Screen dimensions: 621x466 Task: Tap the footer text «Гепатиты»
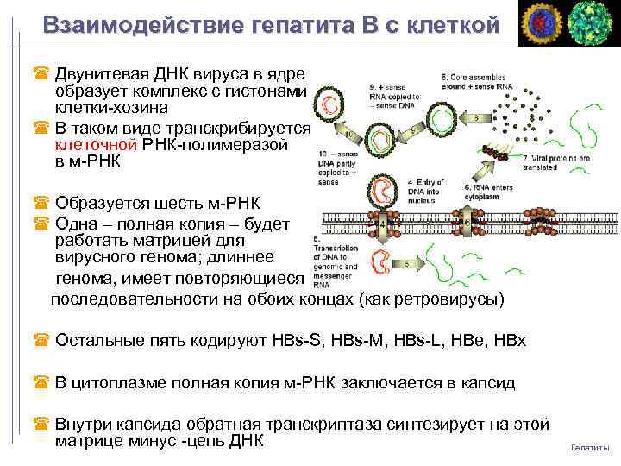(590, 447)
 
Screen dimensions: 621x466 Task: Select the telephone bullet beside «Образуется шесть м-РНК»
(40, 205)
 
